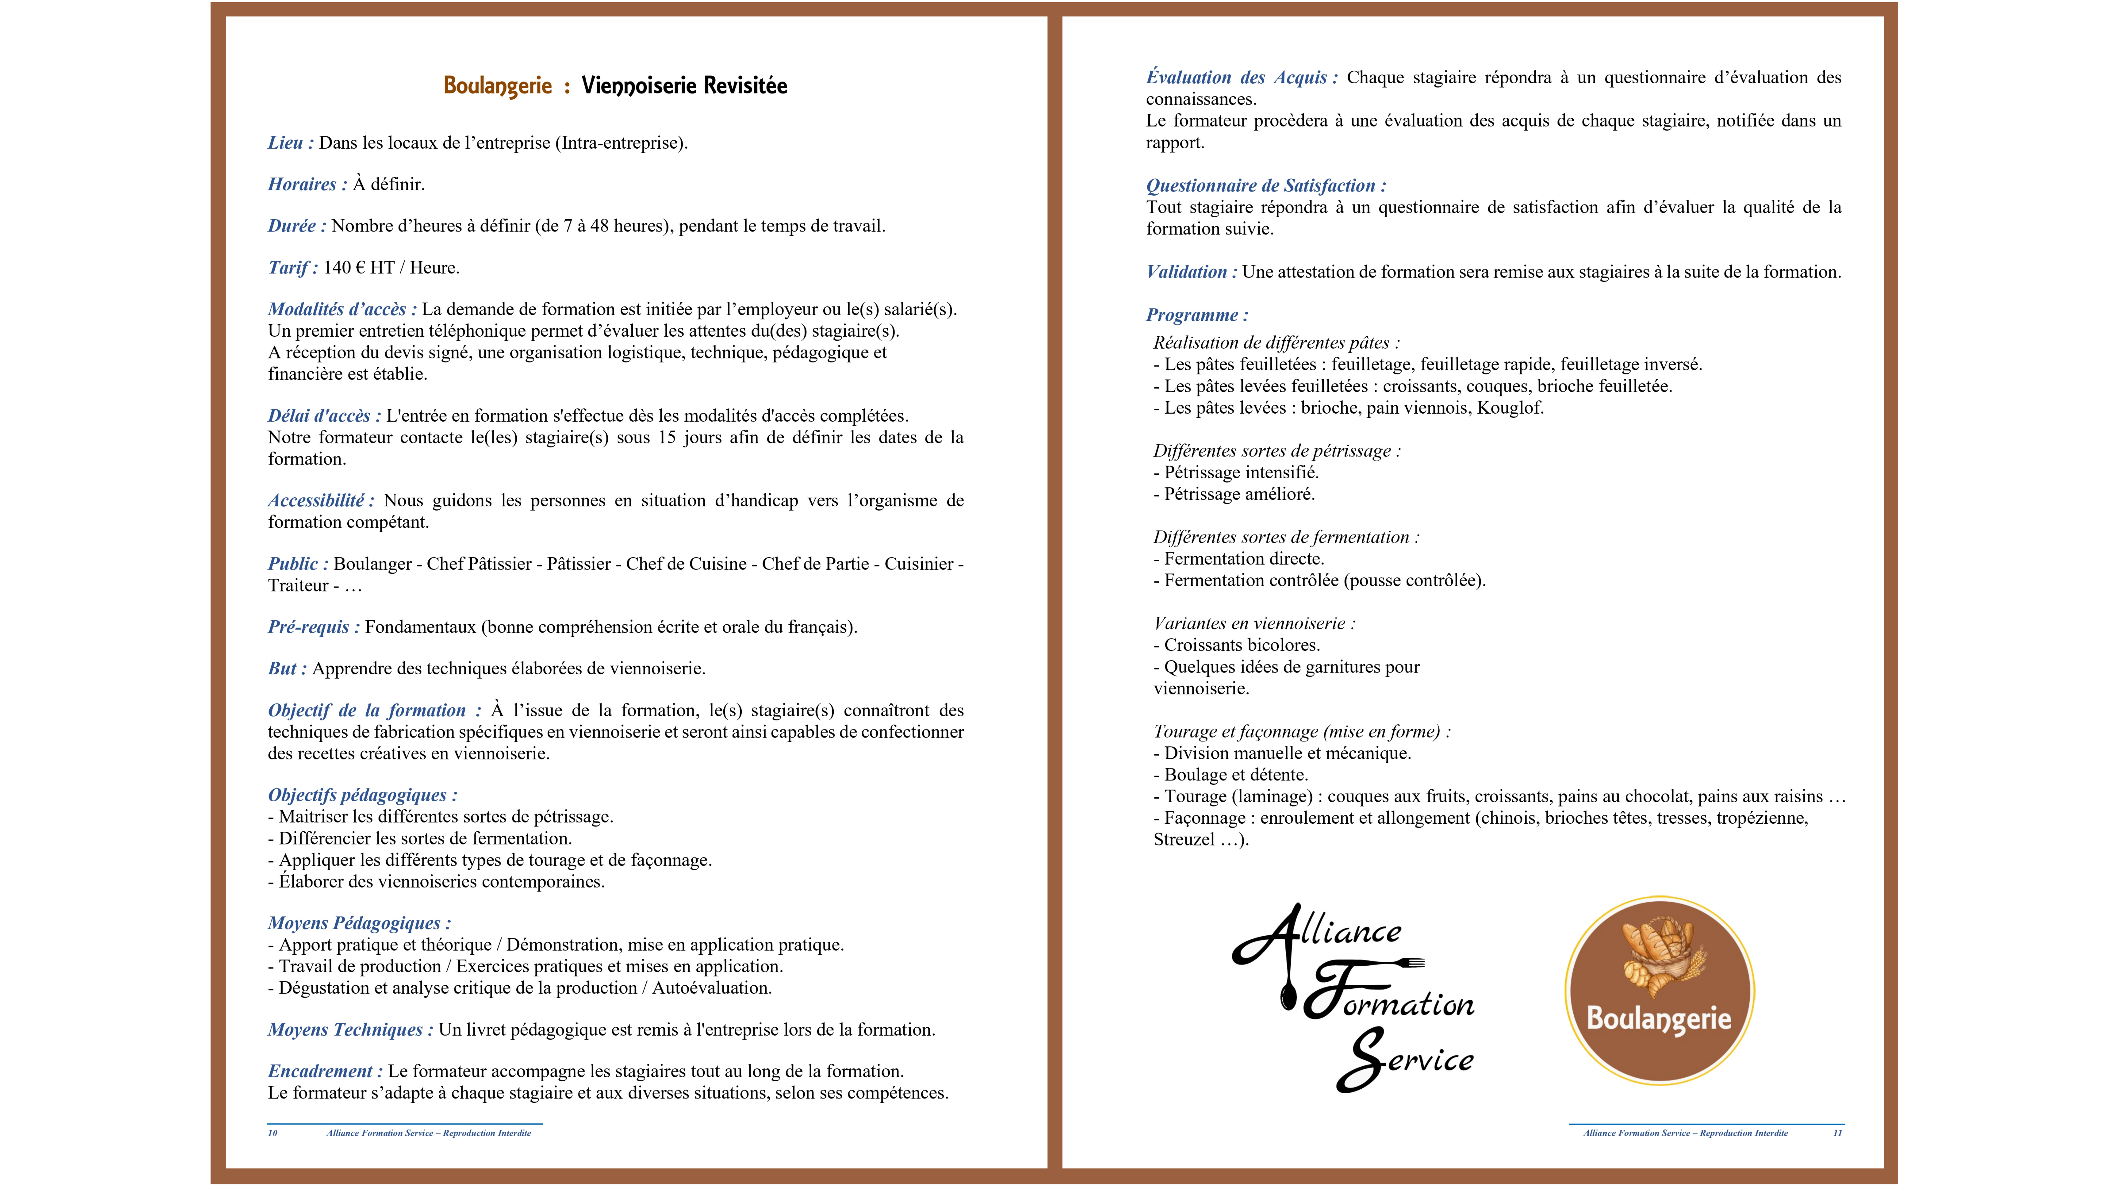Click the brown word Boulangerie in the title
[498, 86]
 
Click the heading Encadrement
[324, 1071]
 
